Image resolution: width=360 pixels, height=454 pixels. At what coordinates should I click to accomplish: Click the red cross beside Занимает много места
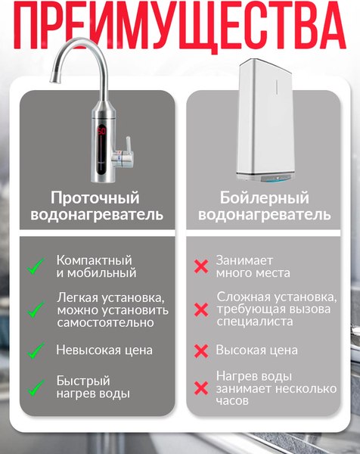[x=201, y=266]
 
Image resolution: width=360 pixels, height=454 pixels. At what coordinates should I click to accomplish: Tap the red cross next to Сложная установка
[x=201, y=309]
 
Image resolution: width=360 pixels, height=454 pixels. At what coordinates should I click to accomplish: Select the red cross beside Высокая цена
[x=201, y=351]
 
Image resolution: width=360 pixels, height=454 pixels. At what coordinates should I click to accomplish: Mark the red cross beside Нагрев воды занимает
[x=201, y=388]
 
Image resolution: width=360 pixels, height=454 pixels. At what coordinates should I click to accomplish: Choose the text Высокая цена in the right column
[x=256, y=351]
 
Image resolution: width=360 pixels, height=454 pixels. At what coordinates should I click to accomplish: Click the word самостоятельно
[x=105, y=322]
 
